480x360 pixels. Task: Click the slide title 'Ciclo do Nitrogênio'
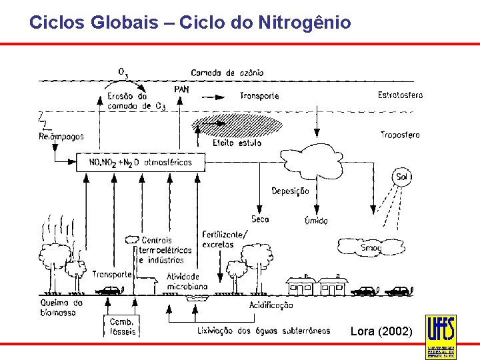pyautogui.click(x=190, y=23)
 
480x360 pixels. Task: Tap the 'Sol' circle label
pyautogui.click(x=401, y=177)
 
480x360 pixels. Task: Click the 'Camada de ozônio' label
pyautogui.click(x=227, y=73)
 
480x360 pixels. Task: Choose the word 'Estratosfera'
pyautogui.click(x=400, y=95)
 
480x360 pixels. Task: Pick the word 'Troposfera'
pyautogui.click(x=400, y=135)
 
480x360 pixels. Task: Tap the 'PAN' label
pyautogui.click(x=181, y=89)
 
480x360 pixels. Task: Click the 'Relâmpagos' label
pyautogui.click(x=61, y=137)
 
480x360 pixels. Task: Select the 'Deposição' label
pyautogui.click(x=290, y=191)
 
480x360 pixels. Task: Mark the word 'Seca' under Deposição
pyautogui.click(x=260, y=219)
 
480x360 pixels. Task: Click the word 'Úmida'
pyautogui.click(x=315, y=220)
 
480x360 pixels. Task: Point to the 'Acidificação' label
pyautogui.click(x=271, y=305)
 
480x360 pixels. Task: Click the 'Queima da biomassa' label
pyautogui.click(x=61, y=307)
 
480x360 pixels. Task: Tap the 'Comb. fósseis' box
pyautogui.click(x=122, y=327)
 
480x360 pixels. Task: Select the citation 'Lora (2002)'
pyautogui.click(x=381, y=331)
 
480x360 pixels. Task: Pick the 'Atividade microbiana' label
pyautogui.click(x=187, y=281)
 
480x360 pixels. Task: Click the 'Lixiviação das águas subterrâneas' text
pyautogui.click(x=263, y=331)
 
